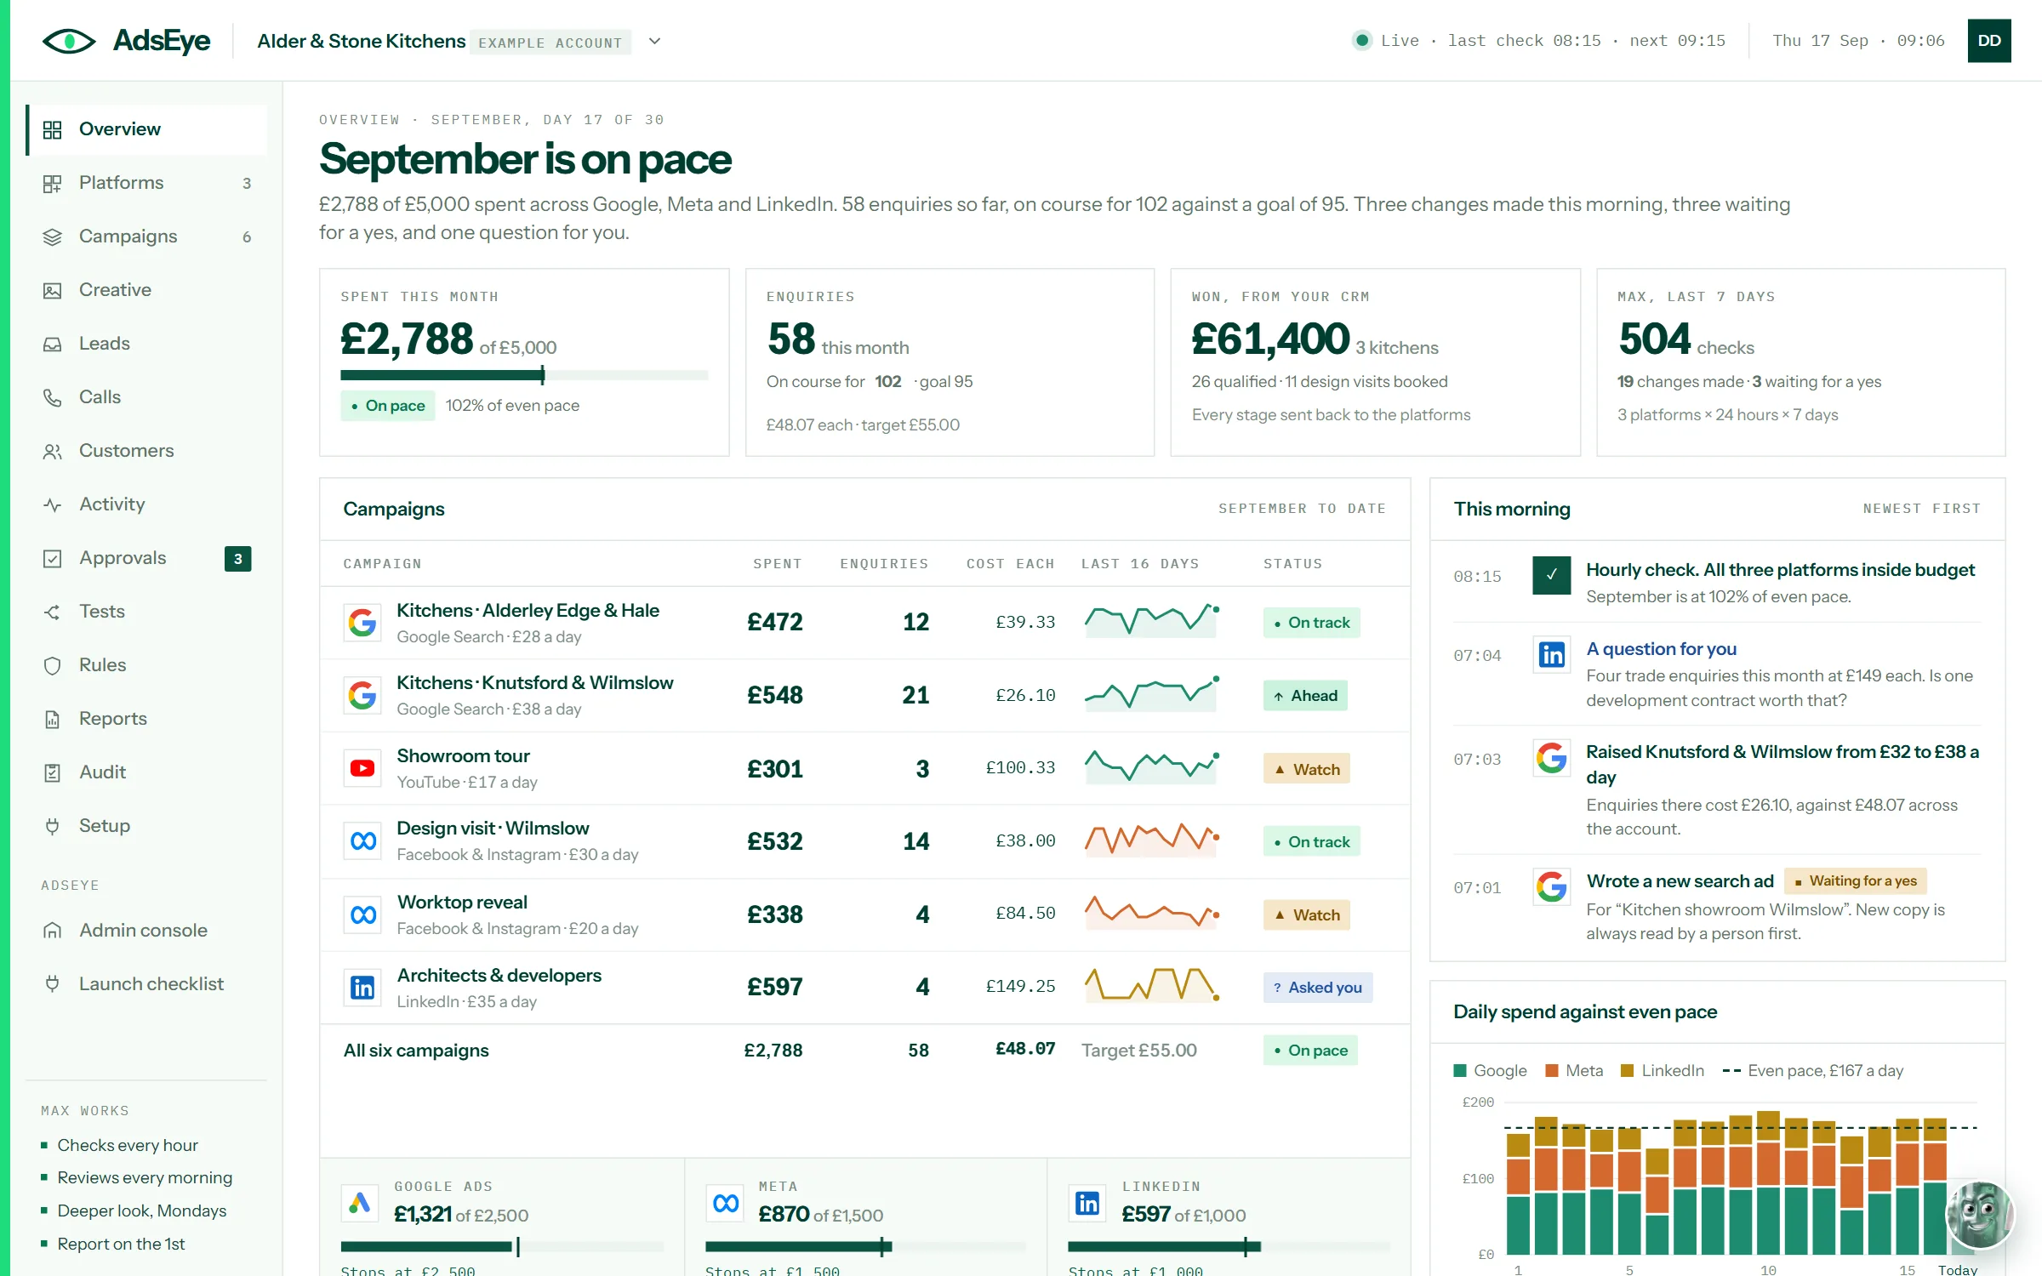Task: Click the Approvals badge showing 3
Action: [x=238, y=559]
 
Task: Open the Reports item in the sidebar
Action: [x=112, y=719]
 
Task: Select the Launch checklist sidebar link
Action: [x=151, y=984]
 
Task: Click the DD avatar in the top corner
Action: [x=1989, y=41]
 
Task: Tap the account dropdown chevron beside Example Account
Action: [x=654, y=41]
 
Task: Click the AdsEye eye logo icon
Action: [x=69, y=41]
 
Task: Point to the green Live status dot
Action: [x=1362, y=40]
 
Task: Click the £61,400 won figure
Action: [x=1270, y=339]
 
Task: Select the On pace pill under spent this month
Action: [x=388, y=406]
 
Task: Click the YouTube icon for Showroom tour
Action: [x=362, y=768]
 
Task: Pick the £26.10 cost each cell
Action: [x=1025, y=695]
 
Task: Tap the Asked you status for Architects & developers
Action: [x=1318, y=987]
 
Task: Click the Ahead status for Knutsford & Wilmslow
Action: [x=1305, y=696]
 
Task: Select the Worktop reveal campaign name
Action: [x=462, y=902]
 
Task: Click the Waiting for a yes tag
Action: [x=1856, y=881]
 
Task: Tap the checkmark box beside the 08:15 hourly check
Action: [x=1551, y=575]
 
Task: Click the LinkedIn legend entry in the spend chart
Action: [x=1663, y=1071]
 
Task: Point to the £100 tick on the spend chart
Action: [x=1478, y=1179]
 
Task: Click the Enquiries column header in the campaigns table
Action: [x=884, y=564]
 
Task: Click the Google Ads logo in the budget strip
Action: [x=360, y=1203]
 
